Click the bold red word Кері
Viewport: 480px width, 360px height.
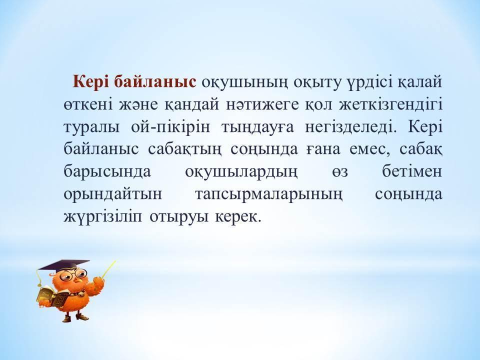pos(91,82)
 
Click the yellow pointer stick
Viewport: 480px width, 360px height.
pos(108,269)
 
